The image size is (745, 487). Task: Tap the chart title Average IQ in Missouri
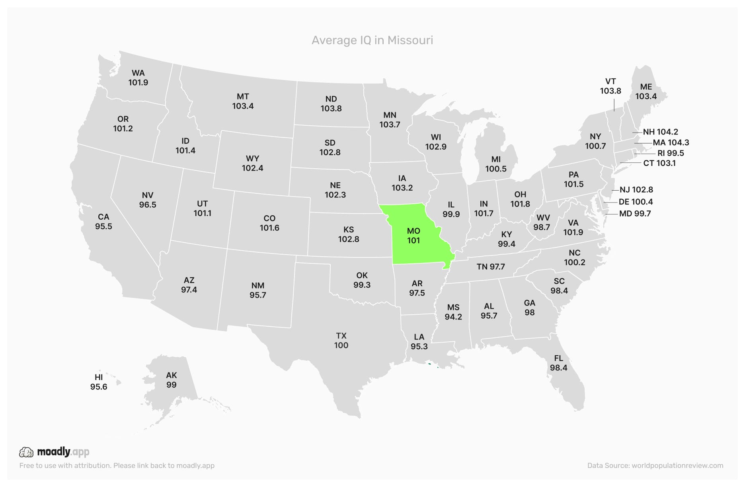(x=372, y=40)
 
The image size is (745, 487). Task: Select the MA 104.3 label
(x=671, y=142)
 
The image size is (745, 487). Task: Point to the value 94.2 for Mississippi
(x=453, y=317)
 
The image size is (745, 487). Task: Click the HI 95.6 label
(x=99, y=382)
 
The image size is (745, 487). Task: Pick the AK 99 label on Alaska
(x=171, y=380)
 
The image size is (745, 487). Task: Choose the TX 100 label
(x=341, y=341)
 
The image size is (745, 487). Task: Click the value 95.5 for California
(x=103, y=226)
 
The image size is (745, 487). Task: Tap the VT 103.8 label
(x=610, y=86)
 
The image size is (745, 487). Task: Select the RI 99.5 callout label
(x=671, y=153)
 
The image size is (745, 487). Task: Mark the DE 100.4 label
(x=636, y=202)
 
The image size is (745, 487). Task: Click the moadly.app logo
(x=54, y=452)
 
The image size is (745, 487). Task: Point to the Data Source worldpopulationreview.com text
(x=655, y=466)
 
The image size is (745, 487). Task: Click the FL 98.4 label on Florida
(x=558, y=363)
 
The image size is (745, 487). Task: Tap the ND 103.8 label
(x=331, y=103)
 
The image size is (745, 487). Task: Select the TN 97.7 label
(x=491, y=267)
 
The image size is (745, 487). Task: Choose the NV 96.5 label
(x=148, y=200)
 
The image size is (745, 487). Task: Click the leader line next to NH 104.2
(x=637, y=132)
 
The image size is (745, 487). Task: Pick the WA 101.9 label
(x=138, y=78)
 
